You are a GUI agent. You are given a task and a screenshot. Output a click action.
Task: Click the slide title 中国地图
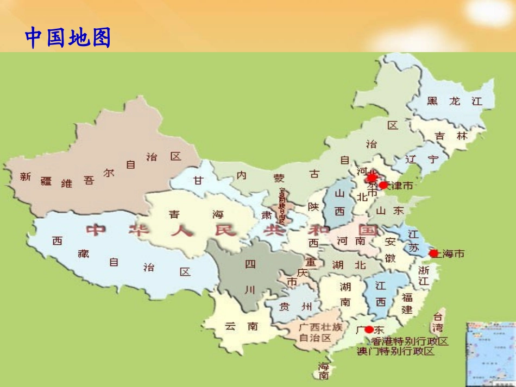coord(68,38)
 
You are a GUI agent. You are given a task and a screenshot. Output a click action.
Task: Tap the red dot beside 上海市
coord(433,253)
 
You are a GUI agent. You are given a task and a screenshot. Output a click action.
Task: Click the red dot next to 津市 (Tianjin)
coord(383,185)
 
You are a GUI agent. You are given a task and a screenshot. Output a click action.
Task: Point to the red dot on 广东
coord(369,329)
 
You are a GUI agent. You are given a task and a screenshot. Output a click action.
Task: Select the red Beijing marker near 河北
coord(372,177)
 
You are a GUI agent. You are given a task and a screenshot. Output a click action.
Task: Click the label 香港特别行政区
coord(410,341)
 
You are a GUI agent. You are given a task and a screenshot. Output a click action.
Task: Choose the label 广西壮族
coord(320,327)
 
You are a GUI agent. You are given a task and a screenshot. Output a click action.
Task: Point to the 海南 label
coord(324,370)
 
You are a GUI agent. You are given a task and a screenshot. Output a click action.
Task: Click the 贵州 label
coord(295,307)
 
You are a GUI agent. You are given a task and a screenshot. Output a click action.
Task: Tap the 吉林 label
coord(451,136)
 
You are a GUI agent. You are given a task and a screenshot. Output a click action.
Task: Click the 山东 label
coord(391,211)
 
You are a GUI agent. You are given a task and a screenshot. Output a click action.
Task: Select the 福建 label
coord(407,303)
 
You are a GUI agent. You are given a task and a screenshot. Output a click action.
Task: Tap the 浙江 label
coord(424,275)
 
